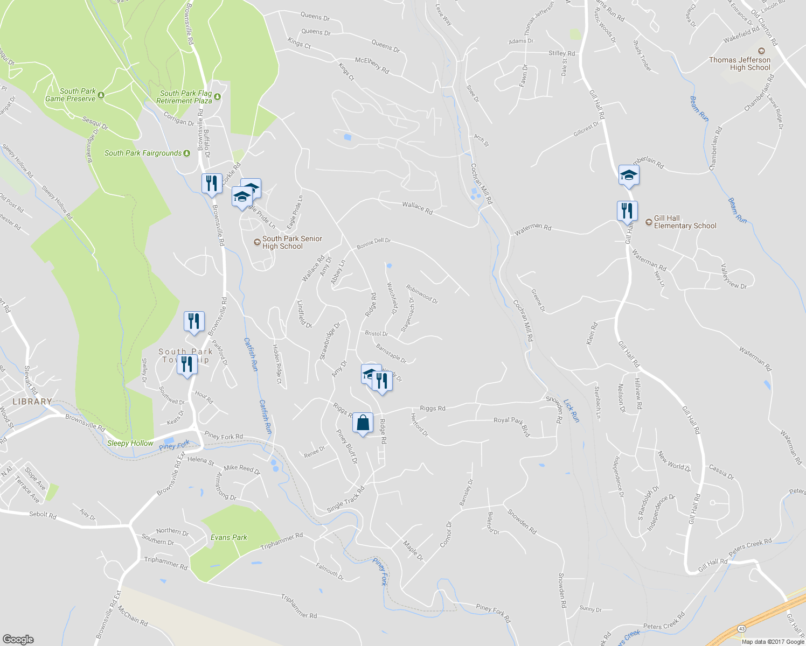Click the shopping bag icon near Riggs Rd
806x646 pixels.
click(363, 423)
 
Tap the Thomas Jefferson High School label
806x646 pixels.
click(739, 64)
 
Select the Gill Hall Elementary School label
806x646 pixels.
click(685, 222)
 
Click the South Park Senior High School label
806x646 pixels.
click(291, 242)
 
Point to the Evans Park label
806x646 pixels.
click(228, 537)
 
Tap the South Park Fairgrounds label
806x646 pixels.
click(143, 153)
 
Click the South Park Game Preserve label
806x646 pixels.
click(71, 95)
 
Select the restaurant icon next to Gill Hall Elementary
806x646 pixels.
click(627, 210)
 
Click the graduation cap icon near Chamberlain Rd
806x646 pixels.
click(629, 175)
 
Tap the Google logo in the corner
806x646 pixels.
click(18, 640)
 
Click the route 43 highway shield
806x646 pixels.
click(742, 628)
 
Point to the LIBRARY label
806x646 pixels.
click(32, 402)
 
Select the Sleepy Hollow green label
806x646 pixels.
click(130, 443)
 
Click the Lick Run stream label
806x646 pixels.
click(572, 410)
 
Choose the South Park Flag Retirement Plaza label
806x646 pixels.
click(184, 97)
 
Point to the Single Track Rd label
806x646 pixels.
click(346, 499)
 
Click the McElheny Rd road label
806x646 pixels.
click(372, 65)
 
